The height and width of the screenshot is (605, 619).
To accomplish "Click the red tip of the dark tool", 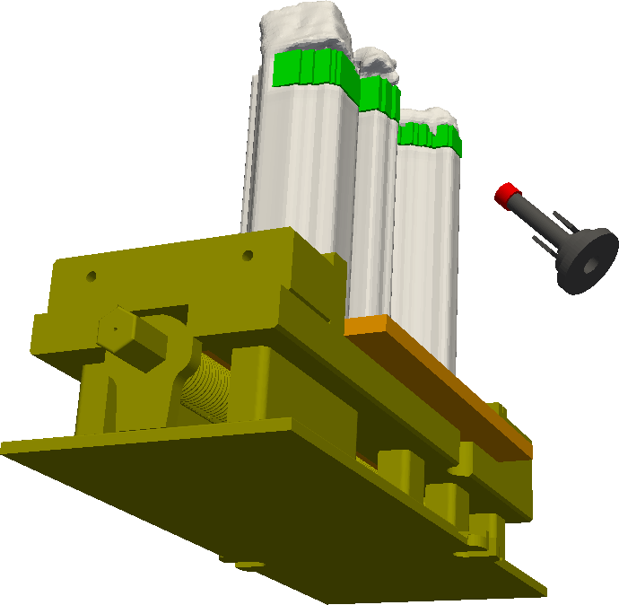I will (507, 193).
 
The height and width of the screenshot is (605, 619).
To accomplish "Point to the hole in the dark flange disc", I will (589, 267).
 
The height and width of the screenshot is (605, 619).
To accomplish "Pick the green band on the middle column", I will (379, 93).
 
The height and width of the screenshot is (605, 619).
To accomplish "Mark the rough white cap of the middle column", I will (372, 64).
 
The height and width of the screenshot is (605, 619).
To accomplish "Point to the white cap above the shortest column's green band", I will (429, 117).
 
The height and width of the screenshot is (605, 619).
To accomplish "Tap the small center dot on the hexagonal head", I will (116, 329).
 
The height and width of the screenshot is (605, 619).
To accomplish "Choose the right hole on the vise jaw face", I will (248, 256).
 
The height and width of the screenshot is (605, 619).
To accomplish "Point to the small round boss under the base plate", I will (244, 563).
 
